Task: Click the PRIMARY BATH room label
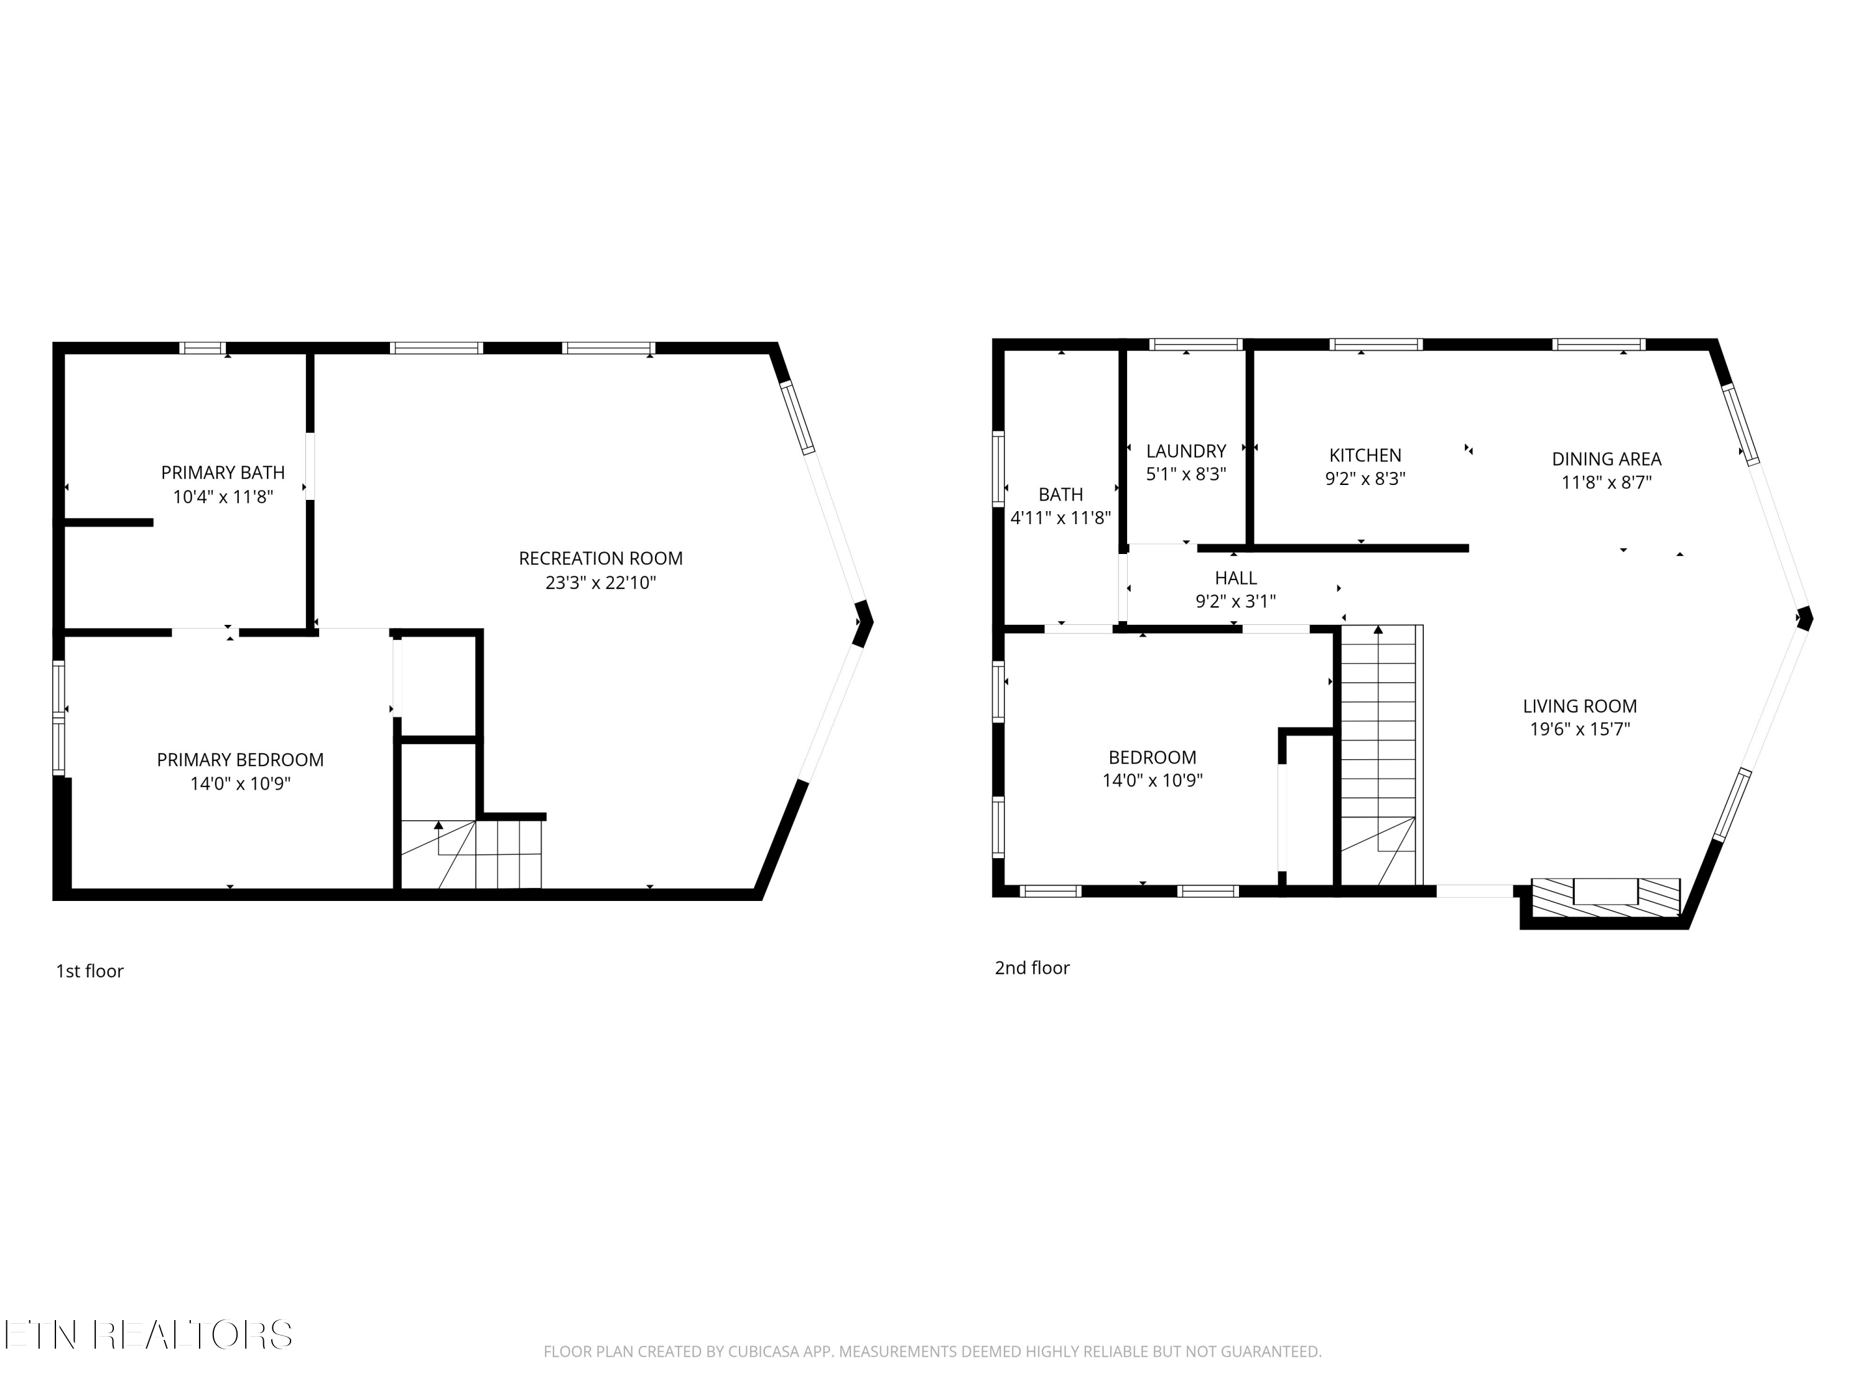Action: point(223,472)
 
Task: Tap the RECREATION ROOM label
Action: point(601,558)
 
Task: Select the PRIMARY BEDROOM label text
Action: point(241,760)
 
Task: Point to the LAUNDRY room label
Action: point(1186,451)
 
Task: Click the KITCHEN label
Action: point(1365,455)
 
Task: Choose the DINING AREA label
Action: point(1606,459)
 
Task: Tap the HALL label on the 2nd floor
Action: point(1236,578)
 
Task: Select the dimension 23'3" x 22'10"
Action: point(601,583)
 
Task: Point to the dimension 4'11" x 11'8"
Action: point(1061,518)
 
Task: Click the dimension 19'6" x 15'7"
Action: point(1580,729)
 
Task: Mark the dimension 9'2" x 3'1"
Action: point(1236,601)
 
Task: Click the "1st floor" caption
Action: point(90,971)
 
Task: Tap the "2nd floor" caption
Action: point(1032,968)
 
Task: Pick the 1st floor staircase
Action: point(471,854)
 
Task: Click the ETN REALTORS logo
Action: point(149,1335)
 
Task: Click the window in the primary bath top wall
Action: point(202,348)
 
